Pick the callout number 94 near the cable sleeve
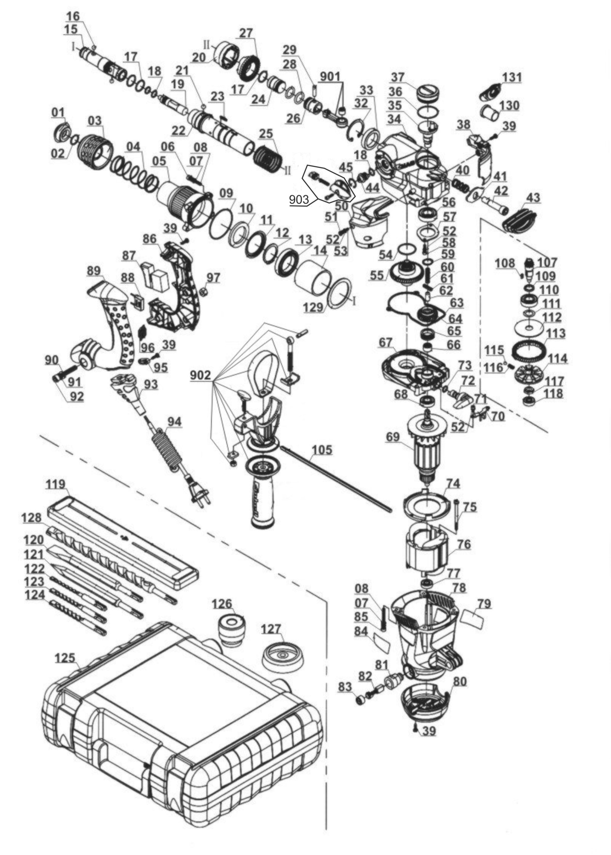point(174,422)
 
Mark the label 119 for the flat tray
point(56,484)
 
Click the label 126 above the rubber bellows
point(222,604)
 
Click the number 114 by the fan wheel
point(557,358)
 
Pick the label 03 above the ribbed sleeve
point(96,121)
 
